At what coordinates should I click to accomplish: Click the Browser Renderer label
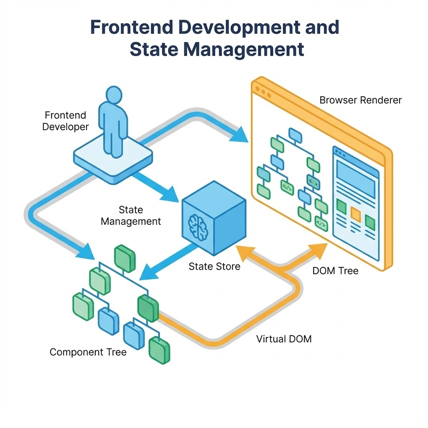click(360, 100)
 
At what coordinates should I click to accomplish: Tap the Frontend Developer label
click(66, 121)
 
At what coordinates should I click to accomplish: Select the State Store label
click(214, 266)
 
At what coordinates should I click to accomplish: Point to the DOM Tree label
click(335, 271)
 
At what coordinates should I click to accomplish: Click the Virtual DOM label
click(284, 339)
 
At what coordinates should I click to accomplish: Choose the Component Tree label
click(88, 352)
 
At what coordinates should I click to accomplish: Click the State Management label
click(131, 216)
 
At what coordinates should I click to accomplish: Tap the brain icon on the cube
click(198, 227)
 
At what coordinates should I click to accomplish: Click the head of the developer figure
click(114, 94)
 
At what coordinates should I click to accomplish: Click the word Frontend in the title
click(132, 27)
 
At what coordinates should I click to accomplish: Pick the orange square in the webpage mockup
click(356, 214)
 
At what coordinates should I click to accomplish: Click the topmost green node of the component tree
click(125, 258)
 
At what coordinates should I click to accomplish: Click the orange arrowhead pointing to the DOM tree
click(318, 251)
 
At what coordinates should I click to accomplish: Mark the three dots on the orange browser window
click(263, 92)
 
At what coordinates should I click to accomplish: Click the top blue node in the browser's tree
click(295, 135)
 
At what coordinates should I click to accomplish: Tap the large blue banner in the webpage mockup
click(356, 179)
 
